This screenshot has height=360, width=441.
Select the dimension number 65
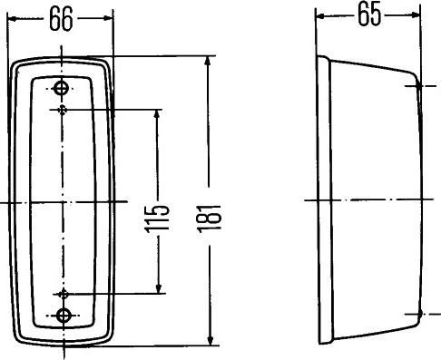[x=369, y=16]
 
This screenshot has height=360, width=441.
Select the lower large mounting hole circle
[x=64, y=315]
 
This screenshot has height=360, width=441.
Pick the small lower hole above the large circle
[x=64, y=294]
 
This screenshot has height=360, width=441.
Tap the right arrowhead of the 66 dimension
[x=110, y=16]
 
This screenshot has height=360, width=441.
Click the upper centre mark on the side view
[x=419, y=87]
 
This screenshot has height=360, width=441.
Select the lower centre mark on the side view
[x=419, y=314]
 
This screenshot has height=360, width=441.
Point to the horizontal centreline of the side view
[x=372, y=199]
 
